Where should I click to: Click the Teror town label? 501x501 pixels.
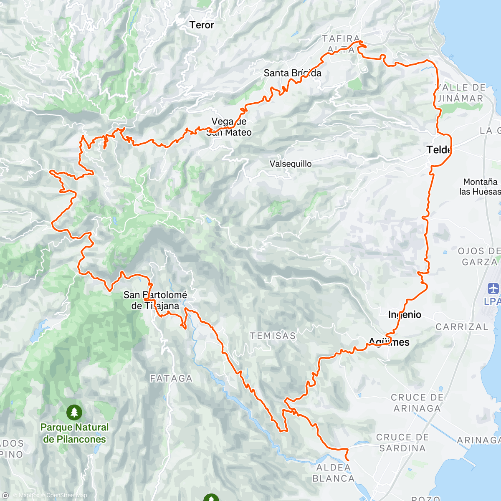click(x=201, y=25)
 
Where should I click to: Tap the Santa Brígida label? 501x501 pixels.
click(x=292, y=73)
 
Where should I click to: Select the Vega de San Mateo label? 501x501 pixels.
click(x=229, y=127)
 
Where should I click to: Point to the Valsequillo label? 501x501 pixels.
click(x=291, y=164)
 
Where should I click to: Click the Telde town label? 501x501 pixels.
click(x=439, y=149)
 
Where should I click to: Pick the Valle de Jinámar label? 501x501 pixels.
click(x=461, y=93)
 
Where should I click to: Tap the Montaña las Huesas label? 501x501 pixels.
click(x=480, y=187)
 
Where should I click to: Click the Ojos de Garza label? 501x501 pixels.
click(x=479, y=256)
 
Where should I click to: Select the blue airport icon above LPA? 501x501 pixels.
click(x=493, y=288)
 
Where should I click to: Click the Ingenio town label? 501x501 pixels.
click(x=405, y=314)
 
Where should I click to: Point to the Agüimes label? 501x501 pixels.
click(x=389, y=342)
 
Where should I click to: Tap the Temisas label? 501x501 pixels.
click(x=273, y=336)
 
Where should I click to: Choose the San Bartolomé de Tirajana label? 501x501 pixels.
click(x=155, y=300)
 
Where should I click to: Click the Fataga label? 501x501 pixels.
click(x=171, y=379)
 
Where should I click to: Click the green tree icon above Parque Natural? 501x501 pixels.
click(x=74, y=412)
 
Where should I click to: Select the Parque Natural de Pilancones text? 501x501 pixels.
click(x=74, y=433)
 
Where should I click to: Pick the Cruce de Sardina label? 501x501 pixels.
click(x=402, y=443)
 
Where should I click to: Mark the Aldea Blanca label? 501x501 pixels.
click(x=333, y=473)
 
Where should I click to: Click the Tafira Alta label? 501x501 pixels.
click(x=341, y=44)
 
